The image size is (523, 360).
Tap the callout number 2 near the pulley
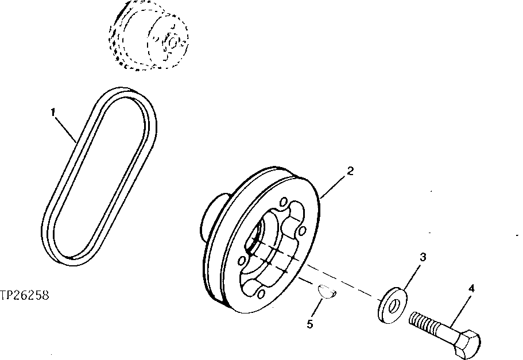tap(350, 171)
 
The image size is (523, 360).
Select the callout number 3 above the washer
tap(422, 258)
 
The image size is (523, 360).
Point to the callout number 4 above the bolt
tap(471, 289)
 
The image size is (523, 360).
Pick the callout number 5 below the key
tap(310, 324)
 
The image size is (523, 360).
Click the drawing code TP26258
tap(24, 296)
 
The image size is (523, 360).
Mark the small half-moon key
tap(327, 292)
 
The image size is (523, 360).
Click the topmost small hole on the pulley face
tap(283, 204)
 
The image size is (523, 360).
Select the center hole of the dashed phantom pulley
tap(172, 41)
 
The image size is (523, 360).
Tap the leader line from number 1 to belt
tap(66, 128)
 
